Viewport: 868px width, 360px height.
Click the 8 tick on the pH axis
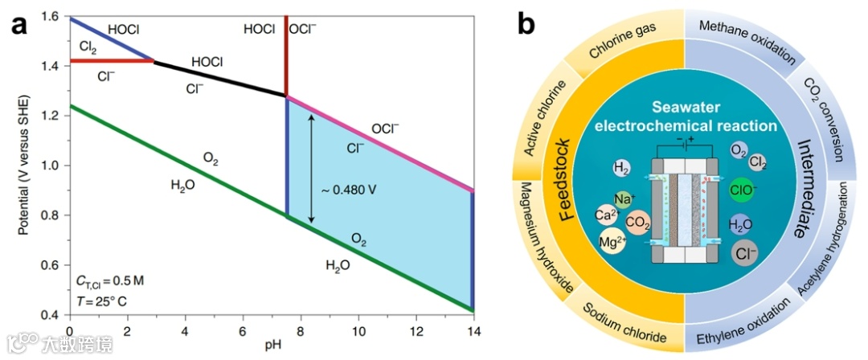pos(301,331)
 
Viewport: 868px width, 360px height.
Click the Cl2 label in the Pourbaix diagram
pos(88,49)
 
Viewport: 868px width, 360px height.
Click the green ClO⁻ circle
pos(741,190)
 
